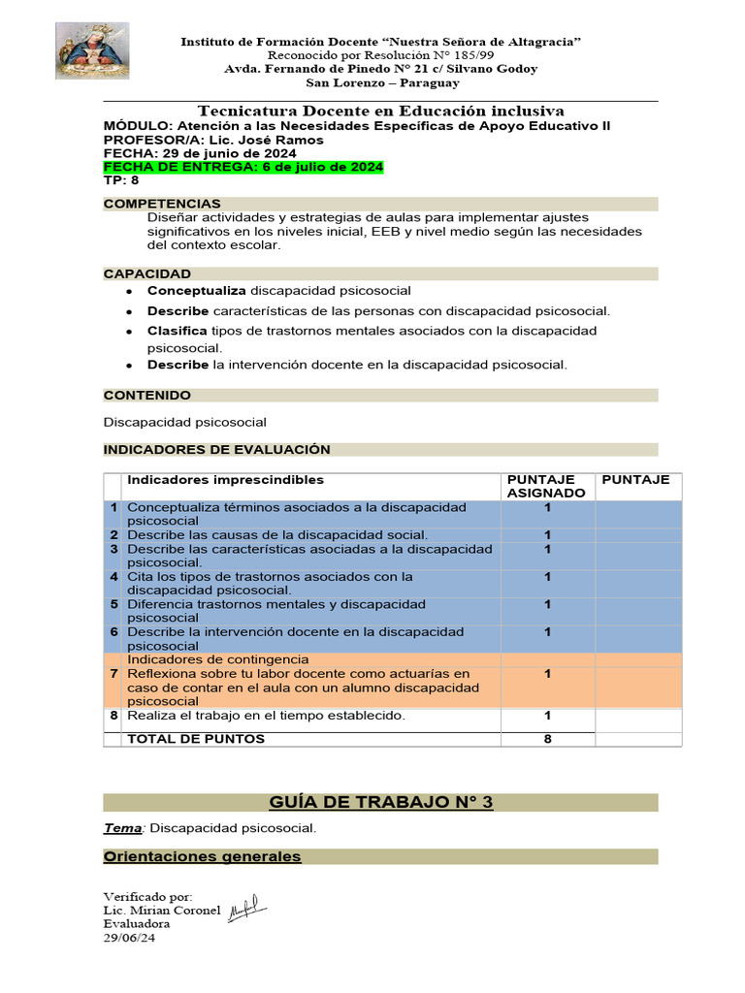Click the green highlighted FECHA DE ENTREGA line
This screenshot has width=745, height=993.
coord(243,168)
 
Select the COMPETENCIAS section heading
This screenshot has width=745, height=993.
coord(162,204)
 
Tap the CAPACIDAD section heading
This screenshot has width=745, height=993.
coord(147,273)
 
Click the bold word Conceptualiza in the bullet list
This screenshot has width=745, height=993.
coord(197,291)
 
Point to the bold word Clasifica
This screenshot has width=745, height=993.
coord(178,331)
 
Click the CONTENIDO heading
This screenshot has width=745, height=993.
coord(147,395)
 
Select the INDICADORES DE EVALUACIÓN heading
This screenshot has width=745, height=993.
coord(216,449)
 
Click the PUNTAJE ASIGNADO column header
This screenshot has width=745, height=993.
coord(547,486)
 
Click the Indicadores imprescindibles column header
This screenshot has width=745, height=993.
coord(226,480)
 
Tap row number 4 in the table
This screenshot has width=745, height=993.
coord(113,577)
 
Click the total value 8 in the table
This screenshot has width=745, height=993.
coord(547,739)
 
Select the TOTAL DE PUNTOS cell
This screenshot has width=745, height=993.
coord(196,739)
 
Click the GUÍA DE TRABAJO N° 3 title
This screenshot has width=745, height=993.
coord(380,802)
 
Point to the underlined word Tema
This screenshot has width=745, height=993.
coord(122,828)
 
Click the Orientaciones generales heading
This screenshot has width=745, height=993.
coord(202,856)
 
